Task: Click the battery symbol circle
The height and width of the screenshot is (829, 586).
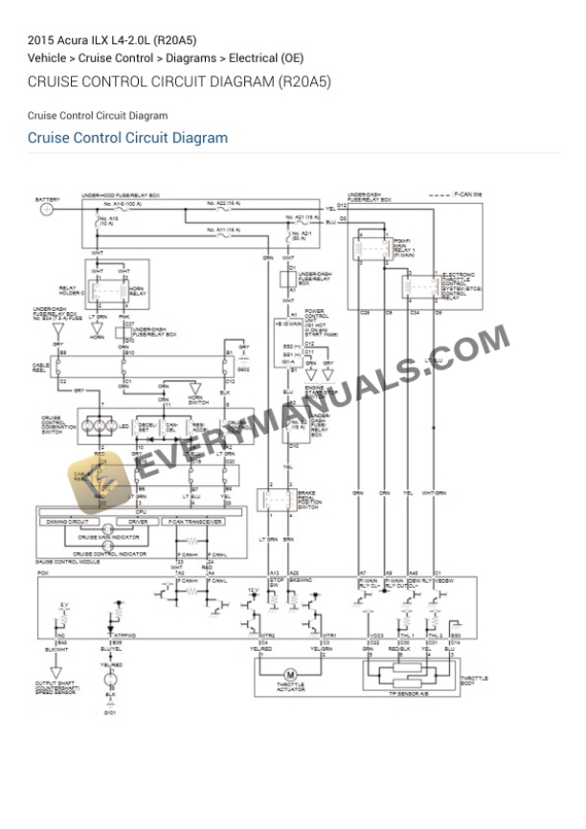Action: click(46, 209)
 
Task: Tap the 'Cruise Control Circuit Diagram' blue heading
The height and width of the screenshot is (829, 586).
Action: click(127, 138)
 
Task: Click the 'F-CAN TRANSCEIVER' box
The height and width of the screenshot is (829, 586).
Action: click(195, 522)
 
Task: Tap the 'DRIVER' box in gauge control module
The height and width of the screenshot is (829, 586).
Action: click(138, 522)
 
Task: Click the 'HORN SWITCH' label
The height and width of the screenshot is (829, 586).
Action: click(198, 400)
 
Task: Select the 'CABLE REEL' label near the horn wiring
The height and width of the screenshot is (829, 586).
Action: click(40, 367)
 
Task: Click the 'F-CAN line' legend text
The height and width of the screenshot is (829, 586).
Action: click(466, 194)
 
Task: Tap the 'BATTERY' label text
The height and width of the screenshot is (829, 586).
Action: click(46, 199)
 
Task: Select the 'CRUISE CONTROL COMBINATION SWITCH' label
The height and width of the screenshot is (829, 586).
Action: click(52, 425)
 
